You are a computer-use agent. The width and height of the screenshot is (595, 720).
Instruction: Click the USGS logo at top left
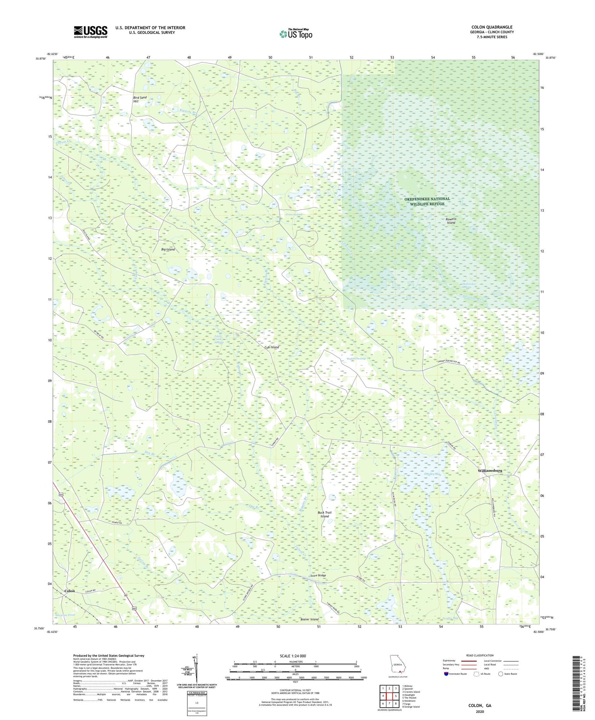(90, 32)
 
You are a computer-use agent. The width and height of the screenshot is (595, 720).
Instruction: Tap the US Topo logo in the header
(296, 34)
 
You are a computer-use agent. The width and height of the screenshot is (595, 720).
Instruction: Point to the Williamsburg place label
(490, 471)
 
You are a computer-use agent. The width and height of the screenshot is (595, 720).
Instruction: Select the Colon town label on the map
(69, 591)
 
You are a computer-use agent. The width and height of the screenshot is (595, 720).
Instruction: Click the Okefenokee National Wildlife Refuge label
(427, 201)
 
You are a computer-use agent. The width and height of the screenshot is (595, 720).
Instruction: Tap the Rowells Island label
(451, 221)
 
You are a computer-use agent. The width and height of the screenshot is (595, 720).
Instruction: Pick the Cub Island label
(272, 347)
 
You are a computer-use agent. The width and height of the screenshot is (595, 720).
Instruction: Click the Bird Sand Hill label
(140, 99)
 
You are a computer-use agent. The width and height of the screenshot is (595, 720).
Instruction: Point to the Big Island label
(168, 249)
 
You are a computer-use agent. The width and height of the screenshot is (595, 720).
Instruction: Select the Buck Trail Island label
(324, 514)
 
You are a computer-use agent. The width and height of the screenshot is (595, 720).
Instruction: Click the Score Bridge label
(318, 575)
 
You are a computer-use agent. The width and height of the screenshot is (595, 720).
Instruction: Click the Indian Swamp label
(356, 359)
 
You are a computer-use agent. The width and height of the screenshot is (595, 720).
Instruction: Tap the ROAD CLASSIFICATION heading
(480, 655)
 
